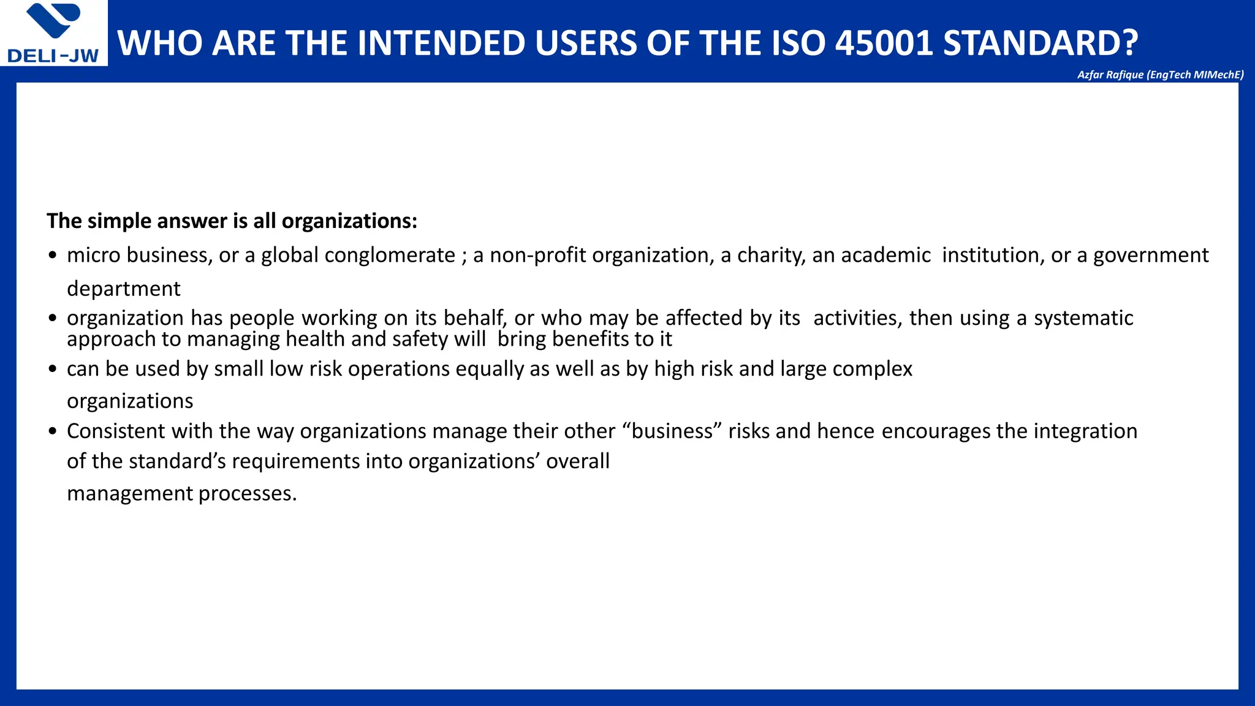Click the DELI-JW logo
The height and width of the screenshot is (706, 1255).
(x=54, y=33)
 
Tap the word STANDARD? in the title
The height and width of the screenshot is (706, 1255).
(x=1040, y=43)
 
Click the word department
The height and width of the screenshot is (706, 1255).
(x=123, y=289)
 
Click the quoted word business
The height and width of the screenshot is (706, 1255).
(x=672, y=431)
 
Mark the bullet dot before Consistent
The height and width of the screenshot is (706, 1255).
(x=53, y=431)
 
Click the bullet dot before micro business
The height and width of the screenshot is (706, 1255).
(x=53, y=256)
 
